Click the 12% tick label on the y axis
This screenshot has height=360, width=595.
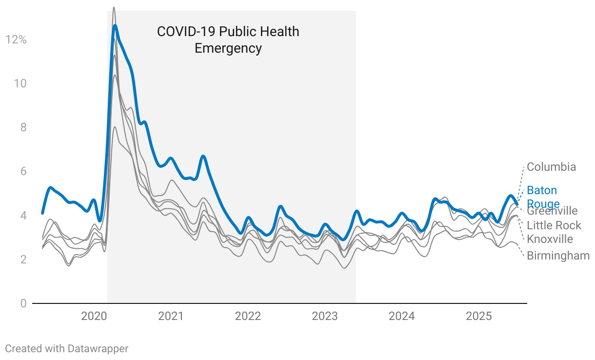[16, 40]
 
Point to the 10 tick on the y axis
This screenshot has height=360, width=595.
[20, 83]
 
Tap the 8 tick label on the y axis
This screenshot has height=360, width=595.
[23, 127]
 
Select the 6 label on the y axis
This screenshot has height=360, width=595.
[23, 171]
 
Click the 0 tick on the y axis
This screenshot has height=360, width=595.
[23, 303]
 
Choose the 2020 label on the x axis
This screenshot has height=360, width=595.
[94, 316]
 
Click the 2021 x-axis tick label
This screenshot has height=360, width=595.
[171, 316]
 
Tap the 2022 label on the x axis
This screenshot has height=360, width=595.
[248, 316]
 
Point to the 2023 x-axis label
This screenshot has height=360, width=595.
[325, 316]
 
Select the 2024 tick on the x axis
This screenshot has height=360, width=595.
[401, 316]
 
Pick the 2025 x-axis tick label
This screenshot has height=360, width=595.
[478, 316]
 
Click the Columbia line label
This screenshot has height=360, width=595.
[551, 167]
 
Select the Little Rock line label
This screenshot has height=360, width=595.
[554, 225]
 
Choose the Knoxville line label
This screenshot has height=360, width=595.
[550, 239]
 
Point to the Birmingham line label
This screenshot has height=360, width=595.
[558, 256]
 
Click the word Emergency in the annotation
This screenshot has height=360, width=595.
[228, 49]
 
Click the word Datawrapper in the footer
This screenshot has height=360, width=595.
[98, 348]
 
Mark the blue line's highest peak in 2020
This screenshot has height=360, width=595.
[115, 25]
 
